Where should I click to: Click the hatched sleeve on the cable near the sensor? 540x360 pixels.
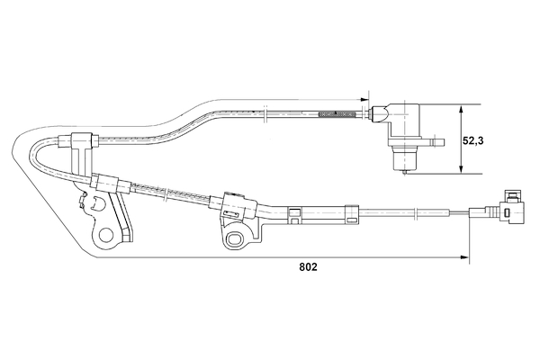[x=337, y=113]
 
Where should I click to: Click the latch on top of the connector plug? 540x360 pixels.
[x=514, y=194]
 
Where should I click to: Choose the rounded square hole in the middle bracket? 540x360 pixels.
[x=237, y=238]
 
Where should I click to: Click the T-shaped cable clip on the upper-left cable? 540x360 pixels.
[x=79, y=142]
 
